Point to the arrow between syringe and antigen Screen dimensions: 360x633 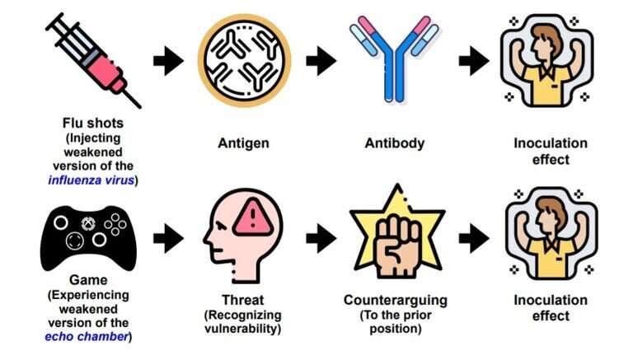(168, 60)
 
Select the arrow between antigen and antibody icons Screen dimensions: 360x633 (321, 60)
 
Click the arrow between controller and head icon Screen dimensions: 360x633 (168, 238)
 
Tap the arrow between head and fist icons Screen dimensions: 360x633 (321, 238)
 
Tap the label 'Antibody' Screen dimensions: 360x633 (395, 143)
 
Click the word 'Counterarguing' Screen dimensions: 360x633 (395, 300)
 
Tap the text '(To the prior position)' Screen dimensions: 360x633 (395, 322)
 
